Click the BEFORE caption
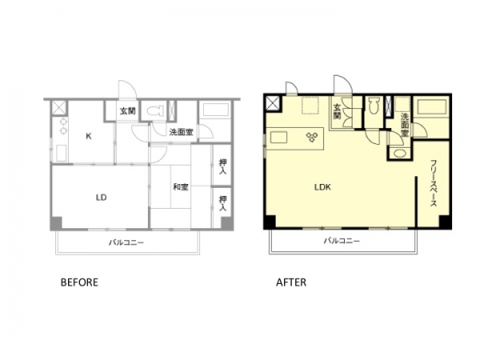coord(79,282)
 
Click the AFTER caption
coord(291,282)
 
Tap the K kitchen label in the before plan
coord(89,136)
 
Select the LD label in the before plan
coord(102,198)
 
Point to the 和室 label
coord(181,186)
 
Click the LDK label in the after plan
coord(322,187)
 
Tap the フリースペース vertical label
coord(433,183)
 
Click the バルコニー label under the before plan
coord(126,242)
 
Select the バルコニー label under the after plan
coord(342,241)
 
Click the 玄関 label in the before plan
coord(128,111)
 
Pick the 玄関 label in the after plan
coord(337,111)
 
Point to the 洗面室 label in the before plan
coord(182,132)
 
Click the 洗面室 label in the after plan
coord(405,125)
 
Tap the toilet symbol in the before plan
coord(154,111)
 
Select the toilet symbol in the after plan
coord(373,106)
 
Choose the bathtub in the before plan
coord(216,110)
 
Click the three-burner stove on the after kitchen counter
coord(311,137)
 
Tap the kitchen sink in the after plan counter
coord(279,137)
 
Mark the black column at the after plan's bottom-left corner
coord(270,222)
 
